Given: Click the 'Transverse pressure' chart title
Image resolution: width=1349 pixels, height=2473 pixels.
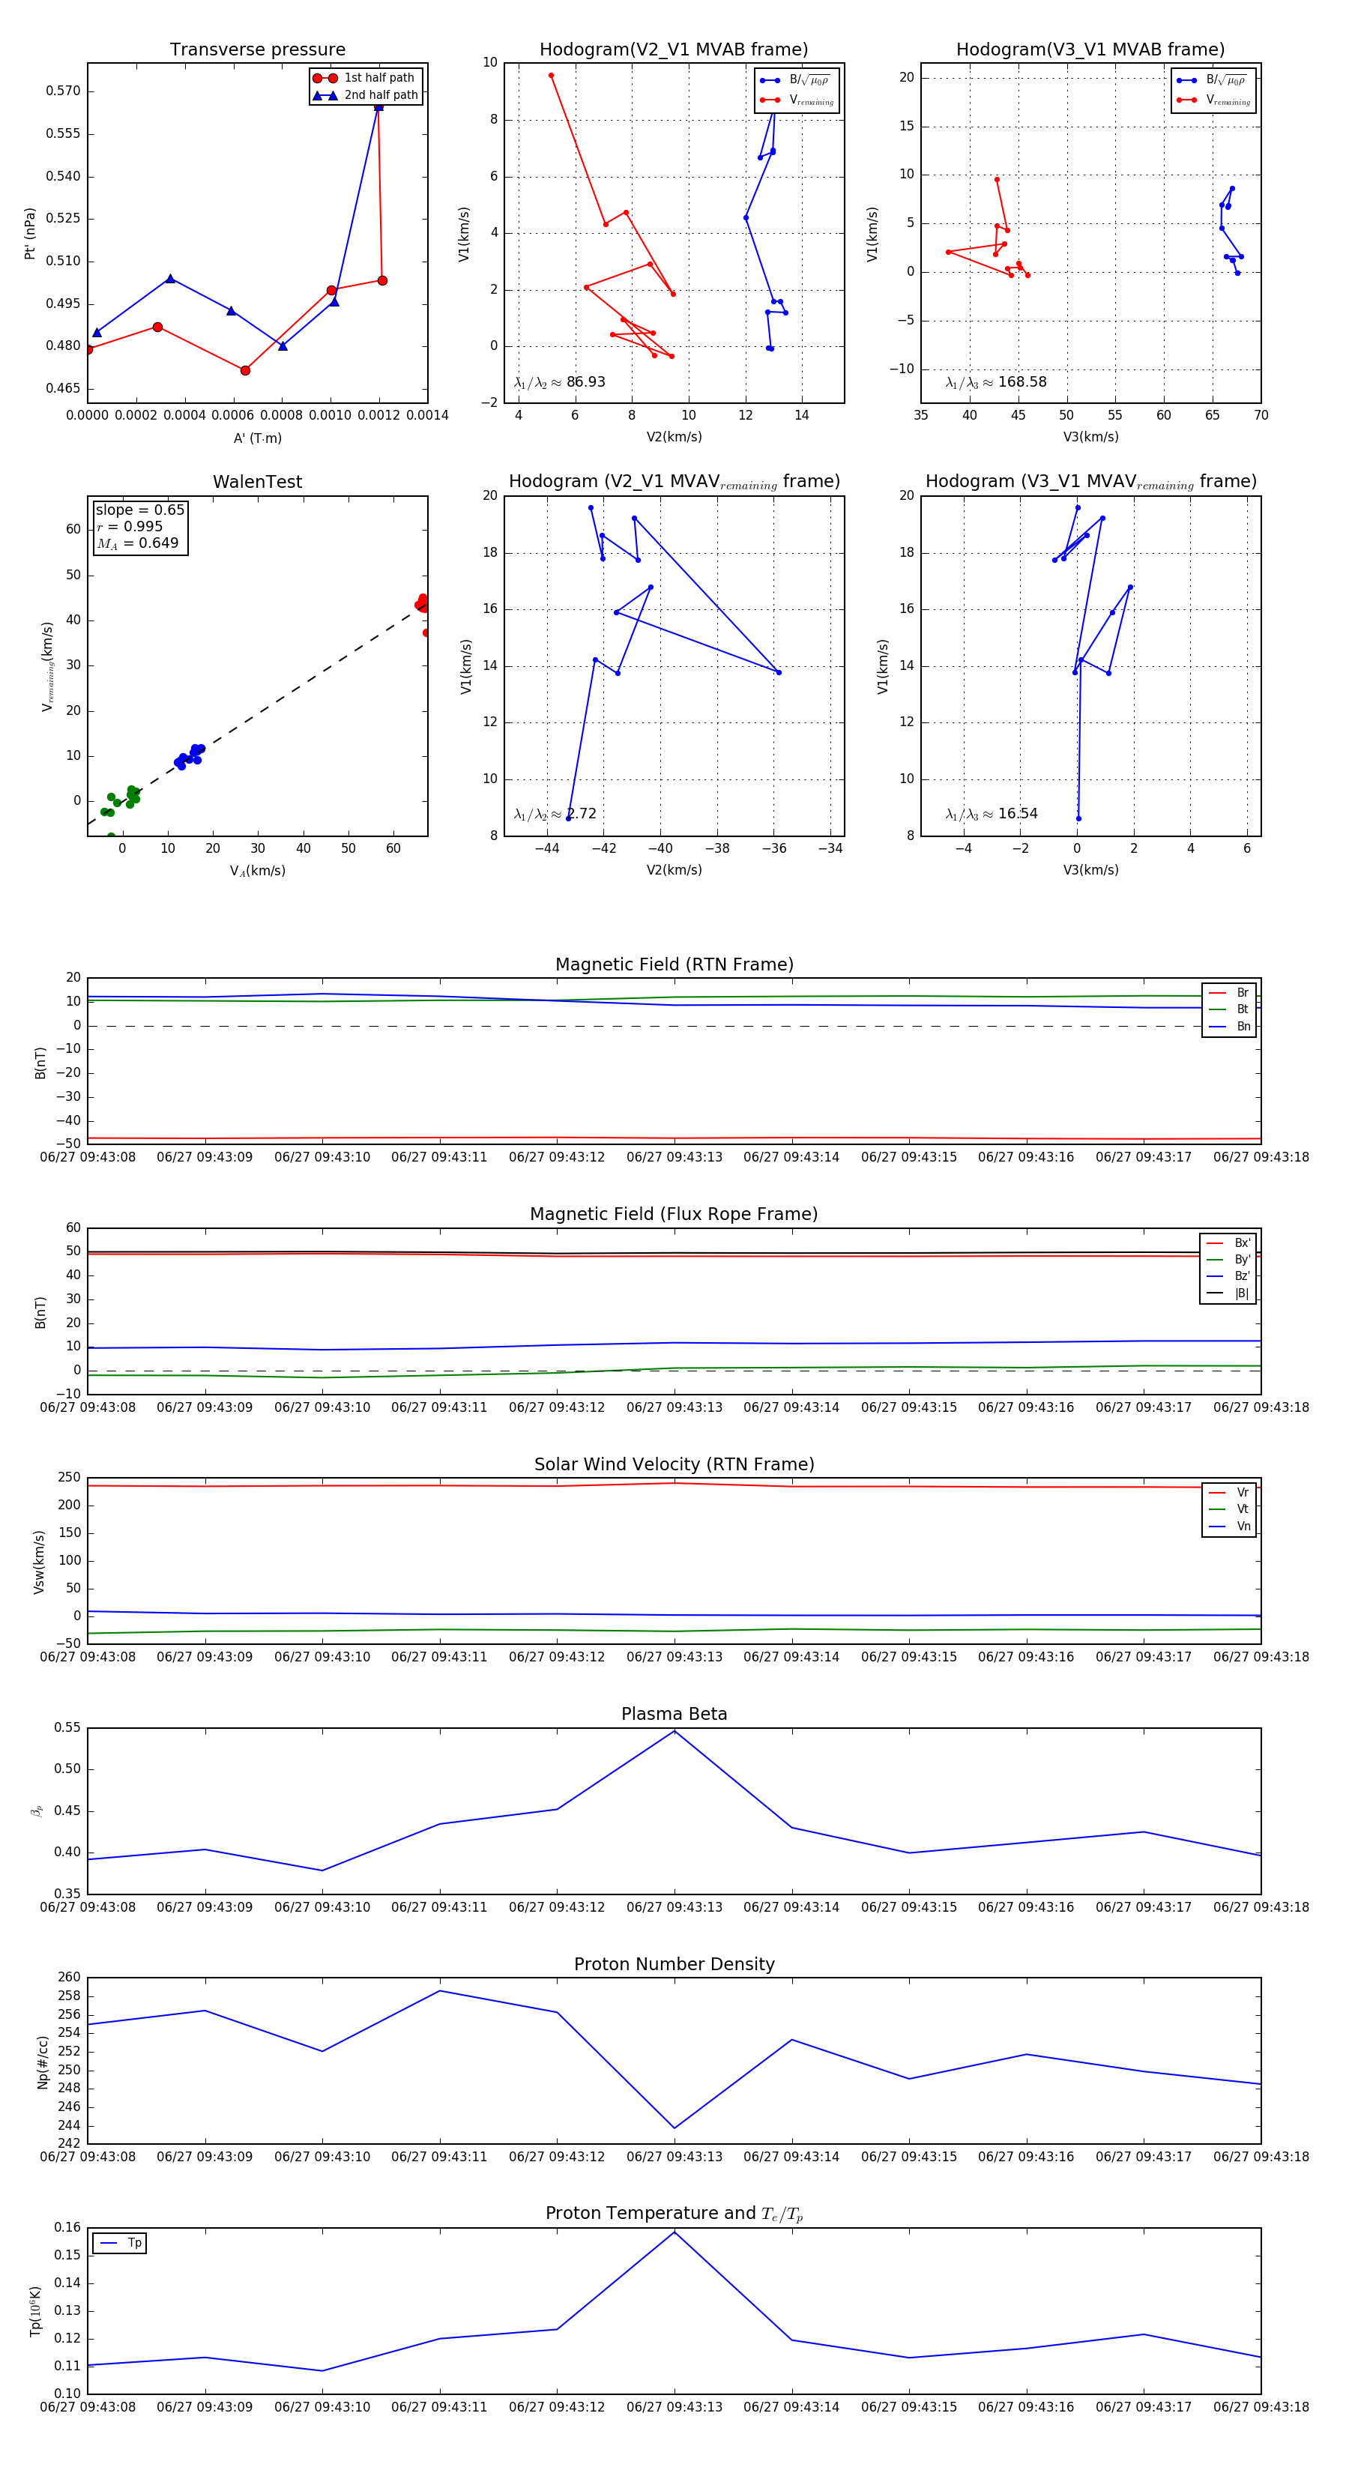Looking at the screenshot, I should click(x=257, y=50).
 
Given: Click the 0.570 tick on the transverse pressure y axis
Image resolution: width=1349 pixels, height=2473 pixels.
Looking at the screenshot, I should click(x=64, y=91).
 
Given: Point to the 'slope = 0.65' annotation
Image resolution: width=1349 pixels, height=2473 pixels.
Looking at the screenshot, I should click(x=139, y=510).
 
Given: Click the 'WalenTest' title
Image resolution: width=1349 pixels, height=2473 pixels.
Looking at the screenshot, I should click(x=257, y=482).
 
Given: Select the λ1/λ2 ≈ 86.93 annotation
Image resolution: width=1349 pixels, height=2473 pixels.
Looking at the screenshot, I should click(x=559, y=382).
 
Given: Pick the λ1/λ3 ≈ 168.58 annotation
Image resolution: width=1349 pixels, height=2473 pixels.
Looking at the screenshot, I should click(x=996, y=382).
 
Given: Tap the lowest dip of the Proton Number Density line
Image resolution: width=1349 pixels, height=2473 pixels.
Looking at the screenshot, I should click(x=674, y=2128).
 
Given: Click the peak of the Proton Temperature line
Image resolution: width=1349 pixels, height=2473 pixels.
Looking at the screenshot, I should click(x=674, y=2231).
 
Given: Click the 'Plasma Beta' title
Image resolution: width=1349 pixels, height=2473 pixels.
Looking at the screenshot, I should click(x=674, y=1714).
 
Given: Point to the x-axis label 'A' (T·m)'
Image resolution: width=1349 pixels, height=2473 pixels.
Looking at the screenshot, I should click(x=257, y=438).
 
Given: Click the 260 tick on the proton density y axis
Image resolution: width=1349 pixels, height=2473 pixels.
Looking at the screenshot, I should click(x=69, y=1977).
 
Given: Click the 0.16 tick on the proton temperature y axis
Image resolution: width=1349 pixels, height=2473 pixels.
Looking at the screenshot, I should click(x=67, y=2227).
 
